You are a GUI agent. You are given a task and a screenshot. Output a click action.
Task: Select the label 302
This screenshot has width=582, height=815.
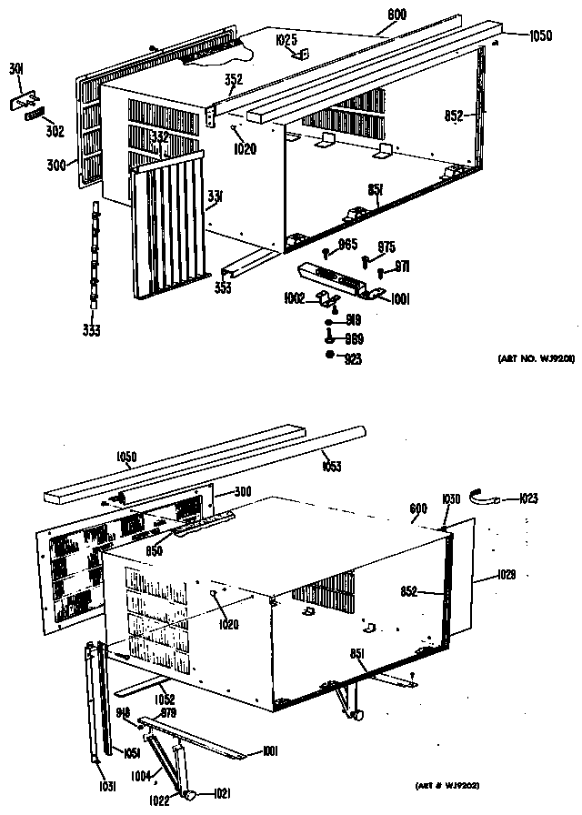pyautogui.click(x=55, y=131)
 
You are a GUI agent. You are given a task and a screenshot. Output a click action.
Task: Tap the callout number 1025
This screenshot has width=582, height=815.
pyautogui.click(x=286, y=40)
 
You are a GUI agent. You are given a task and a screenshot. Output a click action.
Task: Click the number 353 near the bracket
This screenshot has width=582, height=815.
pyautogui.click(x=223, y=287)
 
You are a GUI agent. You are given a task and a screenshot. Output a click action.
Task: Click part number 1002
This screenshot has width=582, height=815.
pyautogui.click(x=294, y=298)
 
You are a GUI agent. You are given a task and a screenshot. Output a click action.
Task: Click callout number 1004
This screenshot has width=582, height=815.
pyautogui.click(x=139, y=775)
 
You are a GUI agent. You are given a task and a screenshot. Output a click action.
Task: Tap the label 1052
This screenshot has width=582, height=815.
pyautogui.click(x=165, y=699)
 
